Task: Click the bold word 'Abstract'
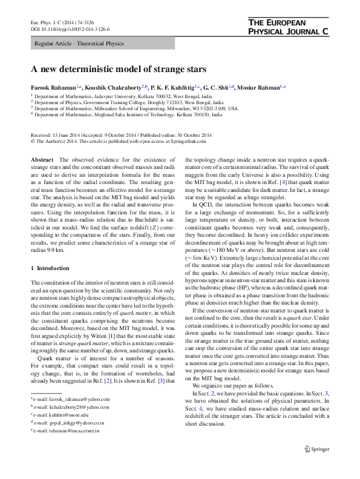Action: coord(42,159)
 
